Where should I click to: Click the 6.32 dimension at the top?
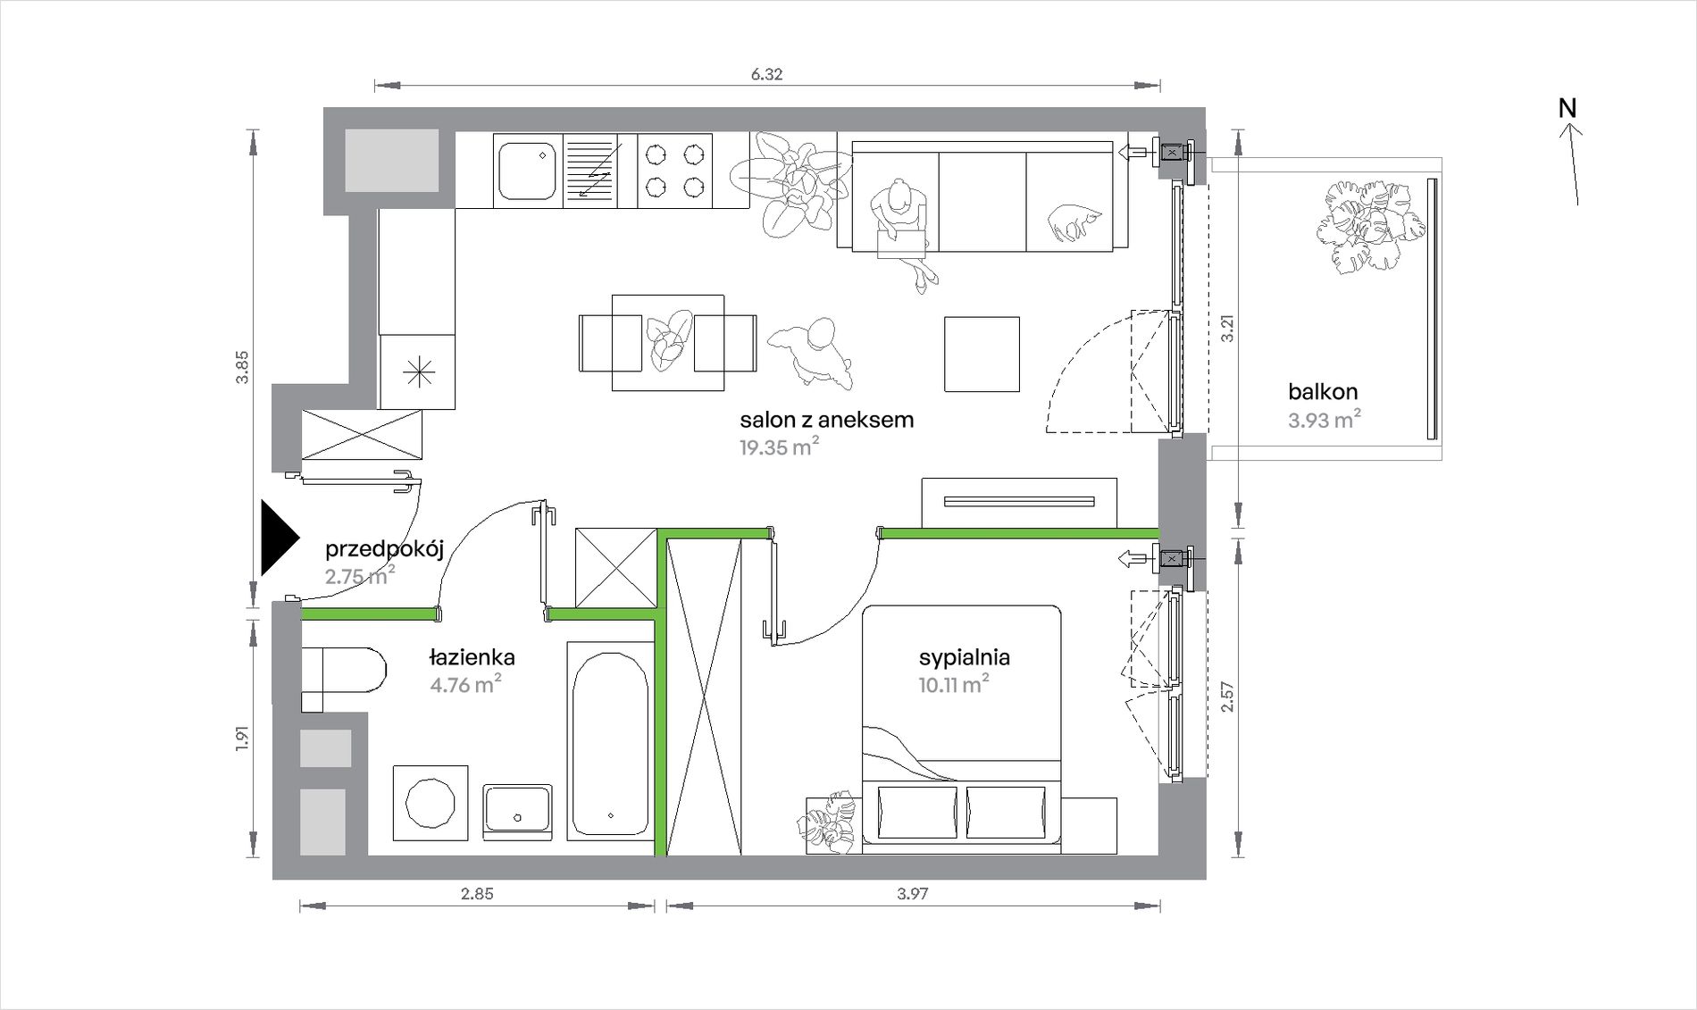point(766,74)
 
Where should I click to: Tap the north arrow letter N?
point(1567,108)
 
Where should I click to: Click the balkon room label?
point(1323,391)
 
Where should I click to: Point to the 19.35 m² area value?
point(779,447)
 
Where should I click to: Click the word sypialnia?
point(965,658)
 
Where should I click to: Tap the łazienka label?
point(472,657)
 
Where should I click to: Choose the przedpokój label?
point(384,548)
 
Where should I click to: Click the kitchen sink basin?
point(527,170)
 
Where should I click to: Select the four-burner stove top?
point(674,171)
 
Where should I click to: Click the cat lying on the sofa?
point(1074,221)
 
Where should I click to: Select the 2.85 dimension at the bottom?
point(477,893)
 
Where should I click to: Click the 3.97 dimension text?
point(913,893)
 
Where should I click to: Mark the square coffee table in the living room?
point(982,354)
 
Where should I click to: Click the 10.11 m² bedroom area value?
point(954,684)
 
